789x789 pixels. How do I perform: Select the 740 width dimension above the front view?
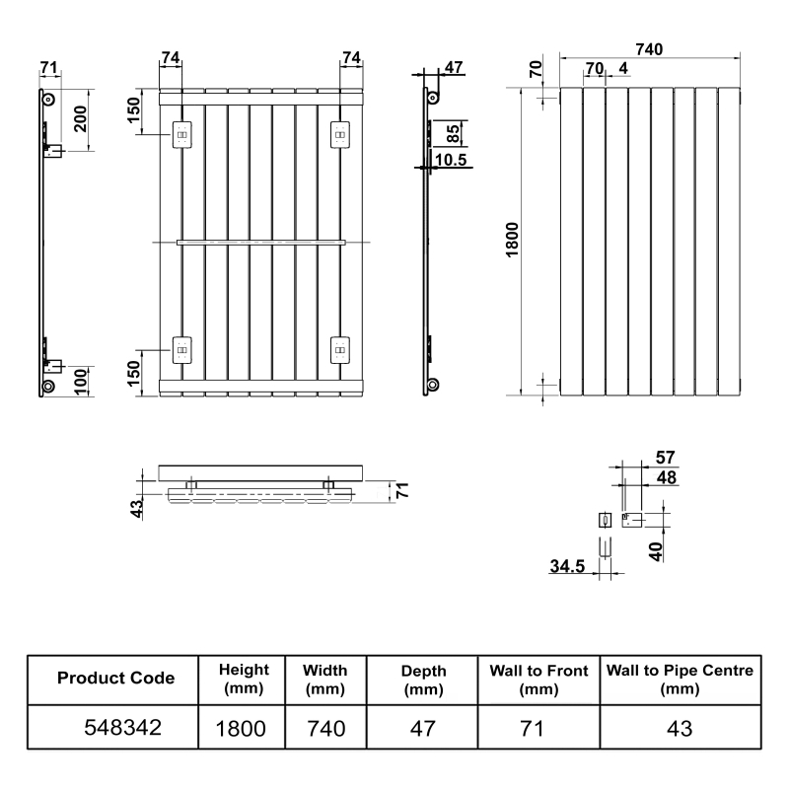click(x=647, y=49)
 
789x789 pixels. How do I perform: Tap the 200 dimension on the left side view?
click(x=82, y=119)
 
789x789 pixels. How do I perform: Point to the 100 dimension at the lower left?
click(x=82, y=377)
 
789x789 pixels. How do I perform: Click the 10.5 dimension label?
click(x=450, y=159)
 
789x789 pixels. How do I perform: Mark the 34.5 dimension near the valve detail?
click(x=569, y=566)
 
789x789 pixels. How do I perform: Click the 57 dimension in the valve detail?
click(x=666, y=457)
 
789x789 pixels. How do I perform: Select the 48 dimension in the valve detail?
click(x=666, y=476)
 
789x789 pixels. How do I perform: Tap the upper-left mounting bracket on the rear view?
click(x=183, y=134)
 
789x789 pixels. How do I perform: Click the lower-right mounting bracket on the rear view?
click(x=339, y=348)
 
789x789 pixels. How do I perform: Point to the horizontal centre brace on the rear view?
click(x=260, y=241)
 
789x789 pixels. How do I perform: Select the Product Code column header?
click(x=115, y=678)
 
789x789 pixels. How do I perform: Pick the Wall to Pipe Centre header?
click(x=680, y=678)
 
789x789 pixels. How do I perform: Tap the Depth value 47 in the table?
click(x=422, y=729)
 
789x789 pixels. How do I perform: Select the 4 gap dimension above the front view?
click(x=622, y=68)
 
